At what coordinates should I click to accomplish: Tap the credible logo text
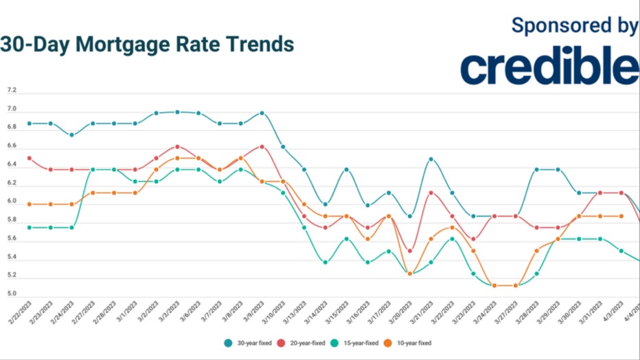549,66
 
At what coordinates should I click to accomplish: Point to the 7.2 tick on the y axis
11,91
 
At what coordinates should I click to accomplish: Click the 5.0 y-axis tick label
11,294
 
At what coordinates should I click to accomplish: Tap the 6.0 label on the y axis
11,201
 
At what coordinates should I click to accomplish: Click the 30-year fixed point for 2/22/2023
30,124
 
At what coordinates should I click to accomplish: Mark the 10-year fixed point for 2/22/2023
30,204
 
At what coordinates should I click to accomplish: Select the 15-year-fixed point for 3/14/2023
325,262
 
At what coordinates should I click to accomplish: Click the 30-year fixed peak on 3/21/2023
431,159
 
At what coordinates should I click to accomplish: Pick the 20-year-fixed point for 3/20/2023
410,251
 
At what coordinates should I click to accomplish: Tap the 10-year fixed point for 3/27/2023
515,285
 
